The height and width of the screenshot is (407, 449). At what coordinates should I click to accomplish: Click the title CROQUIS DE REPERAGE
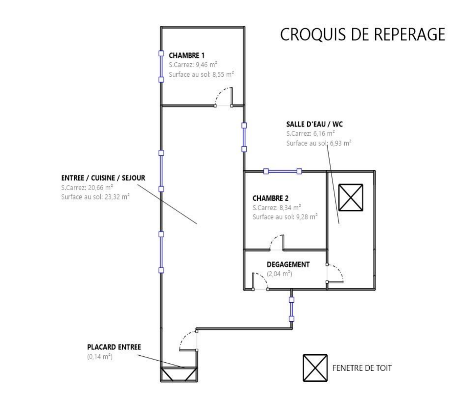tap(362, 34)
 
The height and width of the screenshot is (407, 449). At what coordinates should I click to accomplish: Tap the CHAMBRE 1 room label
tap(186, 55)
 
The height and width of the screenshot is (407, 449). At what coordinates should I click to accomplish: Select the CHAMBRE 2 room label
tap(270, 198)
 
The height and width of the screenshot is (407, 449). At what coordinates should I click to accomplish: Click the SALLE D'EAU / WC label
tap(314, 124)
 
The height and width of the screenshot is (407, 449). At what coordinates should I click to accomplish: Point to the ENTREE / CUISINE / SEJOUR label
tap(103, 178)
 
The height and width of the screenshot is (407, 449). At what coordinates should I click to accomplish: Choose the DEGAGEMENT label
tap(288, 265)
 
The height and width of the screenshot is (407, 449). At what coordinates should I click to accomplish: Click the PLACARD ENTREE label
tap(114, 347)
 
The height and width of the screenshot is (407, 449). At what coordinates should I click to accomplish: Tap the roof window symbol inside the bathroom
tap(351, 197)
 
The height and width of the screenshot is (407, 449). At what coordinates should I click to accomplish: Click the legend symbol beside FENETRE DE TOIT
tap(315, 368)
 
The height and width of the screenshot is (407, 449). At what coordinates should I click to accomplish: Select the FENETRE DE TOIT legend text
tap(362, 368)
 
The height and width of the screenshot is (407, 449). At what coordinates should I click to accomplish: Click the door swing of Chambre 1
tap(224, 97)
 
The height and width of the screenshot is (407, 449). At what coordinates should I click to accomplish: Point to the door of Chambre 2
tap(277, 243)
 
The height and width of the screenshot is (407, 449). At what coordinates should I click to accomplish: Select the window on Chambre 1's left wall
tap(161, 66)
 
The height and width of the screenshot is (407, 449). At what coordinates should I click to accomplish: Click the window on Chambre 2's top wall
tap(283, 171)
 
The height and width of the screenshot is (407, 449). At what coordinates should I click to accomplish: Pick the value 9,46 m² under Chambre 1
tap(206, 65)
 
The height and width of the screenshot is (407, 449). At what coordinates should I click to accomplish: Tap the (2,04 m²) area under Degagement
tap(280, 274)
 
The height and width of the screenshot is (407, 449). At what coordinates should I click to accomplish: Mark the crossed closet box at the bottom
tap(179, 374)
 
